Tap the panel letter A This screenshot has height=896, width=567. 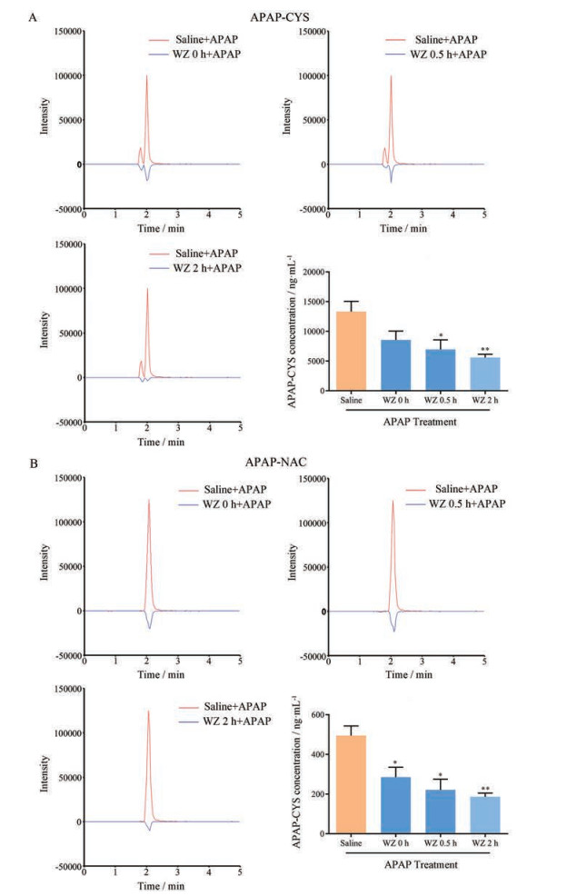tap(33, 15)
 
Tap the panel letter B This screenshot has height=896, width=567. tap(33, 462)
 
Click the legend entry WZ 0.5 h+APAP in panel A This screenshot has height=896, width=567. tap(438, 56)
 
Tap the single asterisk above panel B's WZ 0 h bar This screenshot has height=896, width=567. tap(395, 763)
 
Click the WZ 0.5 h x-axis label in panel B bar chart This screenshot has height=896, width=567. tap(440, 843)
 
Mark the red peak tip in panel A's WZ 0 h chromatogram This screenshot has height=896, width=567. tap(146, 76)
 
